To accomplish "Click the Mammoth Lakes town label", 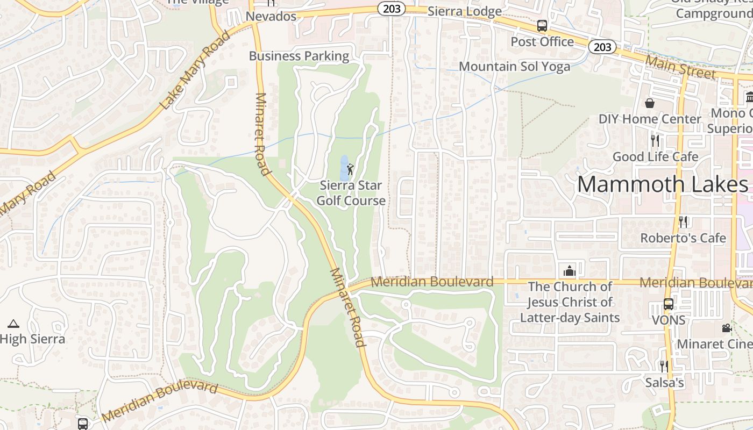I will pyautogui.click(x=662, y=184).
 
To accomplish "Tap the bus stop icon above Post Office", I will pyautogui.click(x=542, y=25).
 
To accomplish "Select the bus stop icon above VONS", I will pyautogui.click(x=669, y=304).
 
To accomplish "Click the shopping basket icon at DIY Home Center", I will pyautogui.click(x=650, y=103).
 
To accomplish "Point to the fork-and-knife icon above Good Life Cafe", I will pyautogui.click(x=655, y=141).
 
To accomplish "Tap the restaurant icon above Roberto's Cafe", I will pyautogui.click(x=683, y=221).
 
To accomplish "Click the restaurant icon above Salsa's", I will pyautogui.click(x=664, y=367).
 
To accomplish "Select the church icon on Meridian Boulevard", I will pyautogui.click(x=569, y=270).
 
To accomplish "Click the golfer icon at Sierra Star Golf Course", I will pyautogui.click(x=351, y=169).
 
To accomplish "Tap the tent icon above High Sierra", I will pyautogui.click(x=13, y=324).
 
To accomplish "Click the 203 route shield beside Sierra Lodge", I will pyautogui.click(x=391, y=9).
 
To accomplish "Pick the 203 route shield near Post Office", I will pyautogui.click(x=602, y=47).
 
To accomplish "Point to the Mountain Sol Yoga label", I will pyautogui.click(x=514, y=67).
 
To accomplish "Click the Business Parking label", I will pyautogui.click(x=299, y=56).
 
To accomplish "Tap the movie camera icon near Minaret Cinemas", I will pyautogui.click(x=727, y=328).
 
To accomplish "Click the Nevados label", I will pyautogui.click(x=271, y=17).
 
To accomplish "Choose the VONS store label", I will pyautogui.click(x=669, y=320).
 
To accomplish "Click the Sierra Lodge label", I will pyautogui.click(x=464, y=11).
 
